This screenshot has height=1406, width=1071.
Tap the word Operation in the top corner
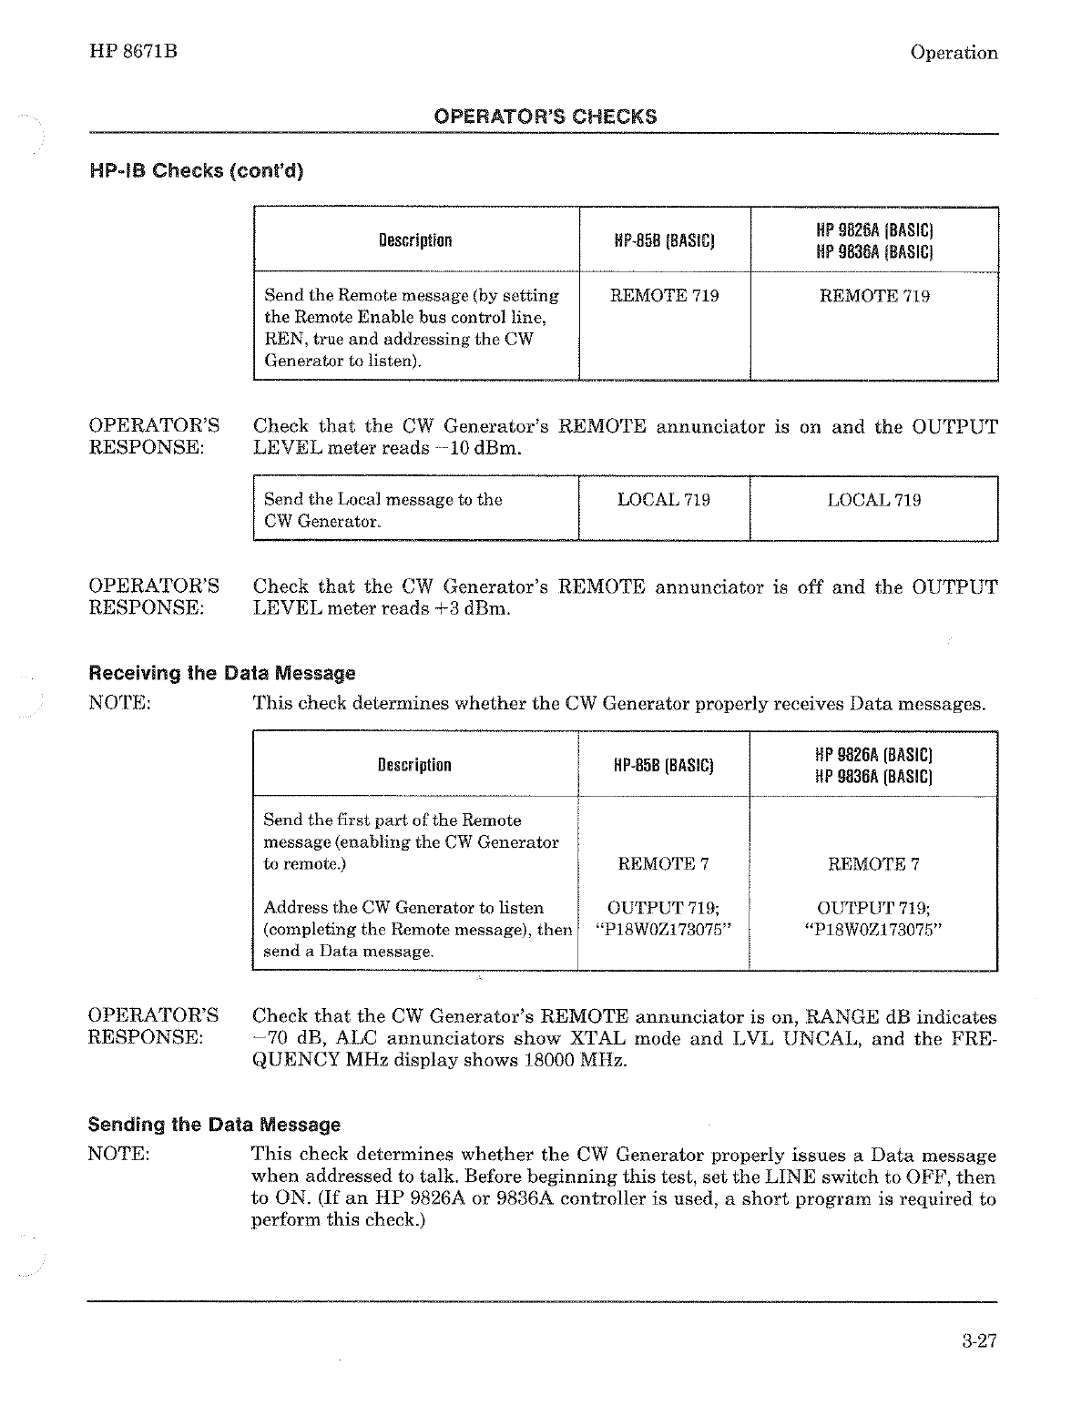[954, 53]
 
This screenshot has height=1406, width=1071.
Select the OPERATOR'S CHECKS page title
[545, 117]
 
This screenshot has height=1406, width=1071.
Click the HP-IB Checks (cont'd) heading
[195, 170]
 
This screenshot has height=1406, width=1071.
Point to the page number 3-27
[979, 1340]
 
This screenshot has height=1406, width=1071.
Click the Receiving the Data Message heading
[221, 674]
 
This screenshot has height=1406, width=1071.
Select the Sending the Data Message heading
[214, 1125]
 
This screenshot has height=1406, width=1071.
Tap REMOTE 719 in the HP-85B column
[664, 296]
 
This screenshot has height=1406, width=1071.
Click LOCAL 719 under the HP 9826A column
[873, 500]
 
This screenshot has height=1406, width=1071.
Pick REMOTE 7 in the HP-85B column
[663, 863]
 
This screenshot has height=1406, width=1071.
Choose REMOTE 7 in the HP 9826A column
[873, 863]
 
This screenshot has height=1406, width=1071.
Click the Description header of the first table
[415, 241]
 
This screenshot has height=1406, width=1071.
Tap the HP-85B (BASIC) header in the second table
[664, 765]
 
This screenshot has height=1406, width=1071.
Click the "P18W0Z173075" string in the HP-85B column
[663, 930]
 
